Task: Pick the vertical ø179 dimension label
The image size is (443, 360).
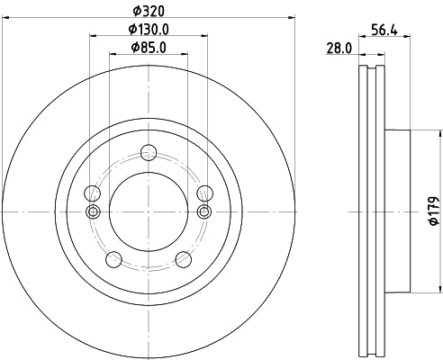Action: [x=433, y=210]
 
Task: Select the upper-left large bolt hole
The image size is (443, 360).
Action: [x=92, y=193]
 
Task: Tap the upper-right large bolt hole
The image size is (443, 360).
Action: [x=204, y=193]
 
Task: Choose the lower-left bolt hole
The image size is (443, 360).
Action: [x=113, y=259]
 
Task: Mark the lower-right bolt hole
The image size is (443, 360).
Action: [x=183, y=259]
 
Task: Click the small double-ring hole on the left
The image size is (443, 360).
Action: [x=92, y=211]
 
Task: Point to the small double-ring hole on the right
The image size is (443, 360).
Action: [x=204, y=211]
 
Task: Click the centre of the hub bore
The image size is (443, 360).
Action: [x=148, y=211]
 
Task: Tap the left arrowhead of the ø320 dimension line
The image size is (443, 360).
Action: [x=6, y=15]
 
